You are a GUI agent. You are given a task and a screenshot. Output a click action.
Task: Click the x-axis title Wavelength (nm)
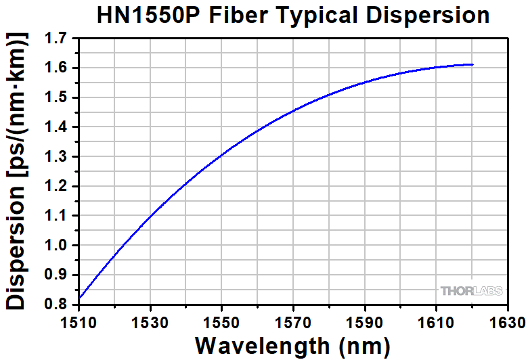coord(292,345)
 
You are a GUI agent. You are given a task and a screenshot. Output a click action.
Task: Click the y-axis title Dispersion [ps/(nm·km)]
coord(18,173)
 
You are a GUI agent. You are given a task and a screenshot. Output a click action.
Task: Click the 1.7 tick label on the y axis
coord(58,39)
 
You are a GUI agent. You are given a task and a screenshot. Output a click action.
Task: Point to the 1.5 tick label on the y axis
coord(58,98)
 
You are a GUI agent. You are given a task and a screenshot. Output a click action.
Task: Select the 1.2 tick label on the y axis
coord(58,187)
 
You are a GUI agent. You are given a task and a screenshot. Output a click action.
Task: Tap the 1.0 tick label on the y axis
coord(58,246)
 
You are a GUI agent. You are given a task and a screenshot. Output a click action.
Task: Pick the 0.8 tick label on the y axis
coord(58,305)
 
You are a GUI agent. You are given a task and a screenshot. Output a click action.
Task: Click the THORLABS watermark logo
coord(472,291)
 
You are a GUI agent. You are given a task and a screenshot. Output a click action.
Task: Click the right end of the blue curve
coord(472,65)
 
